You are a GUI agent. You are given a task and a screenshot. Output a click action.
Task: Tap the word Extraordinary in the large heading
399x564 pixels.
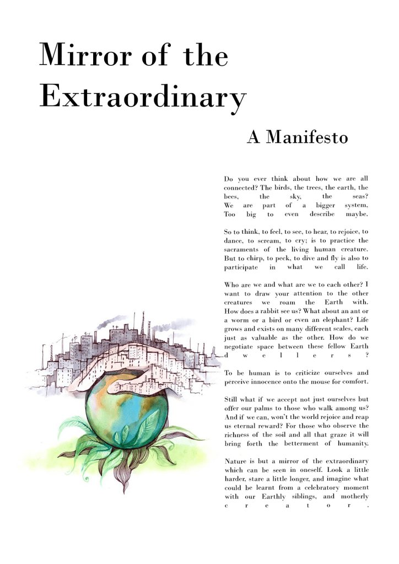click(143, 98)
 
